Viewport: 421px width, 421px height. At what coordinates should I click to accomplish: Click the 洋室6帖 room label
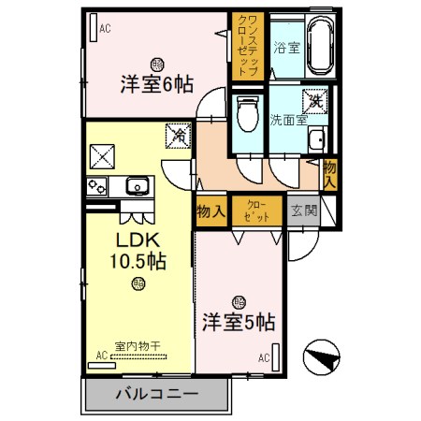click(x=156, y=83)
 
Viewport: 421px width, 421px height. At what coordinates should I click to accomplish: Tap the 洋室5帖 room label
click(x=238, y=323)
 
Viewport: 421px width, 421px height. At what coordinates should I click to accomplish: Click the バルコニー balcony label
click(x=156, y=394)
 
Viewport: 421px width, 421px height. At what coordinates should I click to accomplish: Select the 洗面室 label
click(x=289, y=120)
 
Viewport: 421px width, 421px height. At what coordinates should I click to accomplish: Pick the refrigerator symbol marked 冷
click(x=176, y=135)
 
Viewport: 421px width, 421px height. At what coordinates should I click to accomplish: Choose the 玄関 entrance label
click(x=302, y=210)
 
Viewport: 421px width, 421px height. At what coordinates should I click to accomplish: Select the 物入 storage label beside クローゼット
click(x=211, y=211)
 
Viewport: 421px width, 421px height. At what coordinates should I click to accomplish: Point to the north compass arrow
click(x=319, y=357)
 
